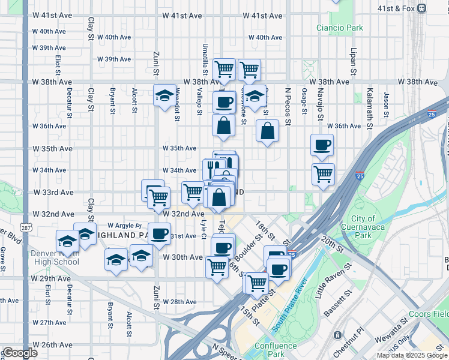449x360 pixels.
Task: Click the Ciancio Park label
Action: coord(340,28)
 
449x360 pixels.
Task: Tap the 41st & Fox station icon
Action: coord(422,8)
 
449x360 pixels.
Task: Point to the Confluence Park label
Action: coord(276,349)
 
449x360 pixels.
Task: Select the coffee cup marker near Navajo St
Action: coord(322,145)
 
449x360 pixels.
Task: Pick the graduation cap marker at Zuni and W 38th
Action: coord(164,95)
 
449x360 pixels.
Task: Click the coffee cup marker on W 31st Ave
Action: coord(160,233)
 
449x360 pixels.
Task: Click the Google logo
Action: coord(20,353)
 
